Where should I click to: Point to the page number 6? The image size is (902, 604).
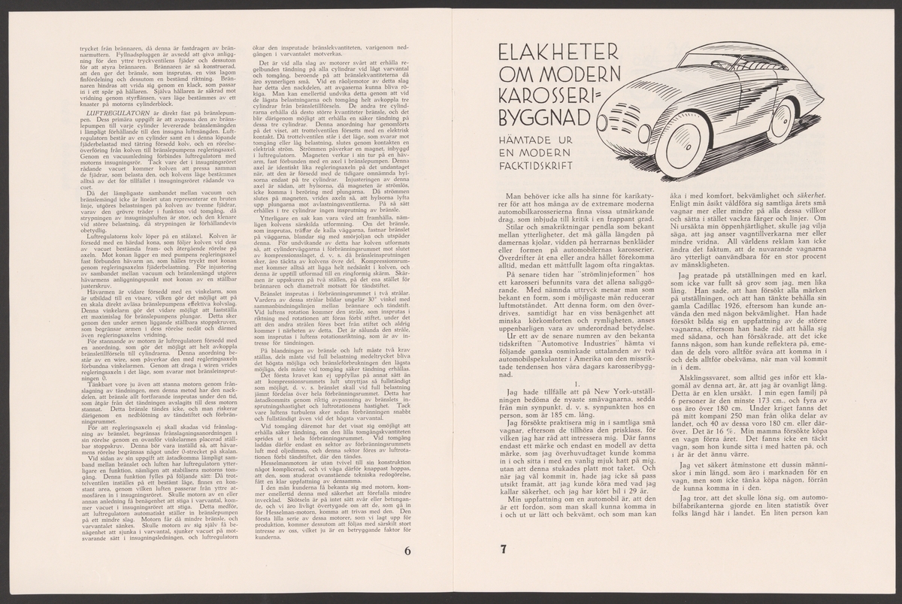pos(407,549)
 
